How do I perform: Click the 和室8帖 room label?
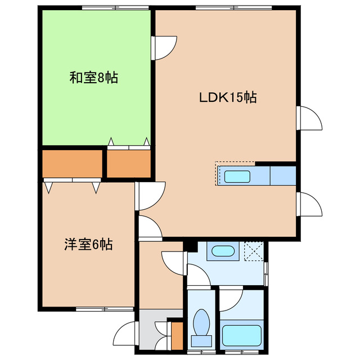93,78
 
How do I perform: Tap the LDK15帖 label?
228,97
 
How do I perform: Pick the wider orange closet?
72,164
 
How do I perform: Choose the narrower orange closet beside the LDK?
129,164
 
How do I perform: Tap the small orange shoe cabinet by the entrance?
177,335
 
